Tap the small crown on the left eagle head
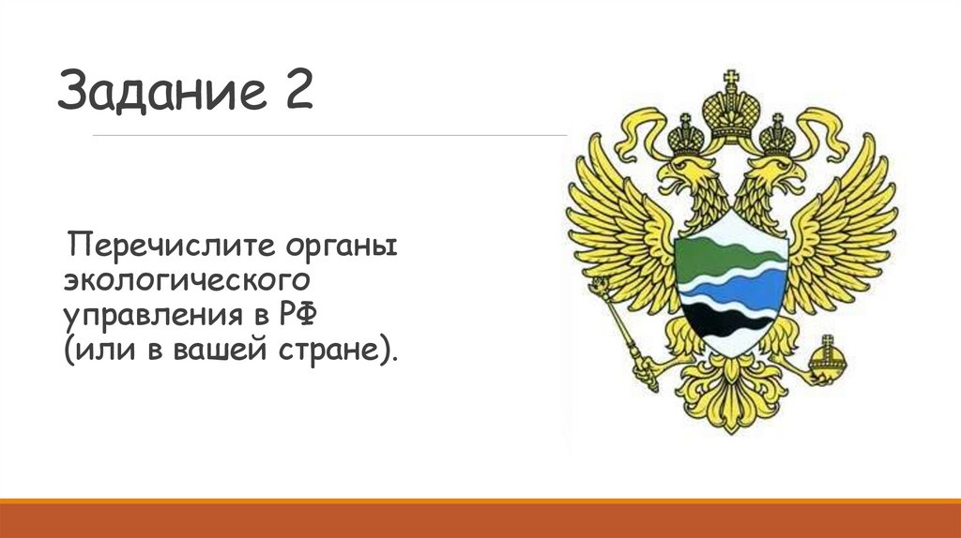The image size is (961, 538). click(x=685, y=140)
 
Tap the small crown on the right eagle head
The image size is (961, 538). click(x=777, y=140)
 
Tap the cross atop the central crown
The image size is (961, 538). click(x=731, y=79)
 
